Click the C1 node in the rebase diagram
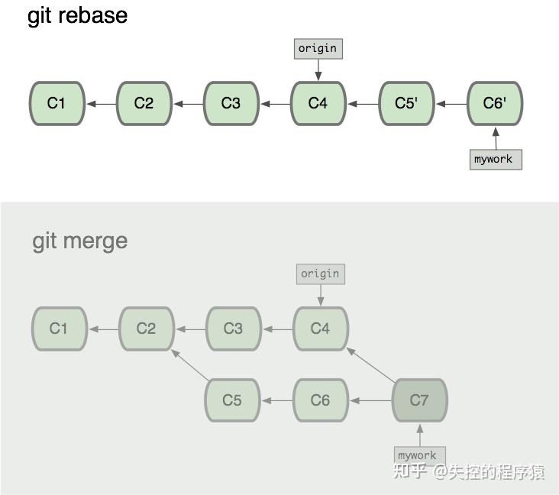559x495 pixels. [57, 103]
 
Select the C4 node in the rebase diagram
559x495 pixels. [318, 103]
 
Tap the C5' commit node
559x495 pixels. [407, 103]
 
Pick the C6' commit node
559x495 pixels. [495, 103]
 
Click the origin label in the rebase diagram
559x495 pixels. [318, 49]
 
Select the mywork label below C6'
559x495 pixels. [495, 159]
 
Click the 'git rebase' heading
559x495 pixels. [77, 16]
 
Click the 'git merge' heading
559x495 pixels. [80, 241]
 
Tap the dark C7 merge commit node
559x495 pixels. [419, 400]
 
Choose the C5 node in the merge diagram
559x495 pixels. [232, 400]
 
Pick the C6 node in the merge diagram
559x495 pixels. [321, 400]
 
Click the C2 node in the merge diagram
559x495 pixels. [147, 328]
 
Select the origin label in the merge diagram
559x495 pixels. [320, 273]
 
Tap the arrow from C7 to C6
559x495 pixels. [370, 400]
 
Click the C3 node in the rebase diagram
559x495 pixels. [231, 103]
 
